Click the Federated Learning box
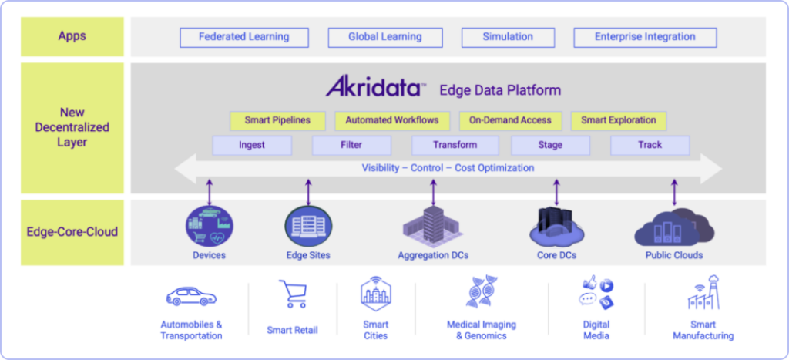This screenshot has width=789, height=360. click(x=244, y=37)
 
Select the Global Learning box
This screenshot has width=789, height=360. click(x=385, y=37)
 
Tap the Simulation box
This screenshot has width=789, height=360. click(x=508, y=37)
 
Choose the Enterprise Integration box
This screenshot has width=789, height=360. click(x=645, y=37)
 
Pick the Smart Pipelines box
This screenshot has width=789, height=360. click(x=277, y=121)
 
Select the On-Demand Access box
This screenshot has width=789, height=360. click(x=510, y=121)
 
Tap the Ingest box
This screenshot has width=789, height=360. click(x=252, y=146)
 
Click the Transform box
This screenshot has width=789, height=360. click(x=455, y=146)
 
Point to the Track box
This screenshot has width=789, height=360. click(x=650, y=146)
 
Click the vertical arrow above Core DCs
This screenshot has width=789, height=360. click(x=556, y=193)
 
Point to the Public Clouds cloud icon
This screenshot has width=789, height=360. click(x=674, y=227)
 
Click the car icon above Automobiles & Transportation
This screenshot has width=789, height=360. click(x=191, y=297)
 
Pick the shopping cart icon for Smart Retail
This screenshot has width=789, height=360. click(x=292, y=294)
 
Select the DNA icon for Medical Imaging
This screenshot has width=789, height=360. click(x=482, y=291)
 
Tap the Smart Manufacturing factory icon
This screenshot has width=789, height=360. click(x=703, y=292)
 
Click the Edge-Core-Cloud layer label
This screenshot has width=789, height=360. click(x=72, y=232)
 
